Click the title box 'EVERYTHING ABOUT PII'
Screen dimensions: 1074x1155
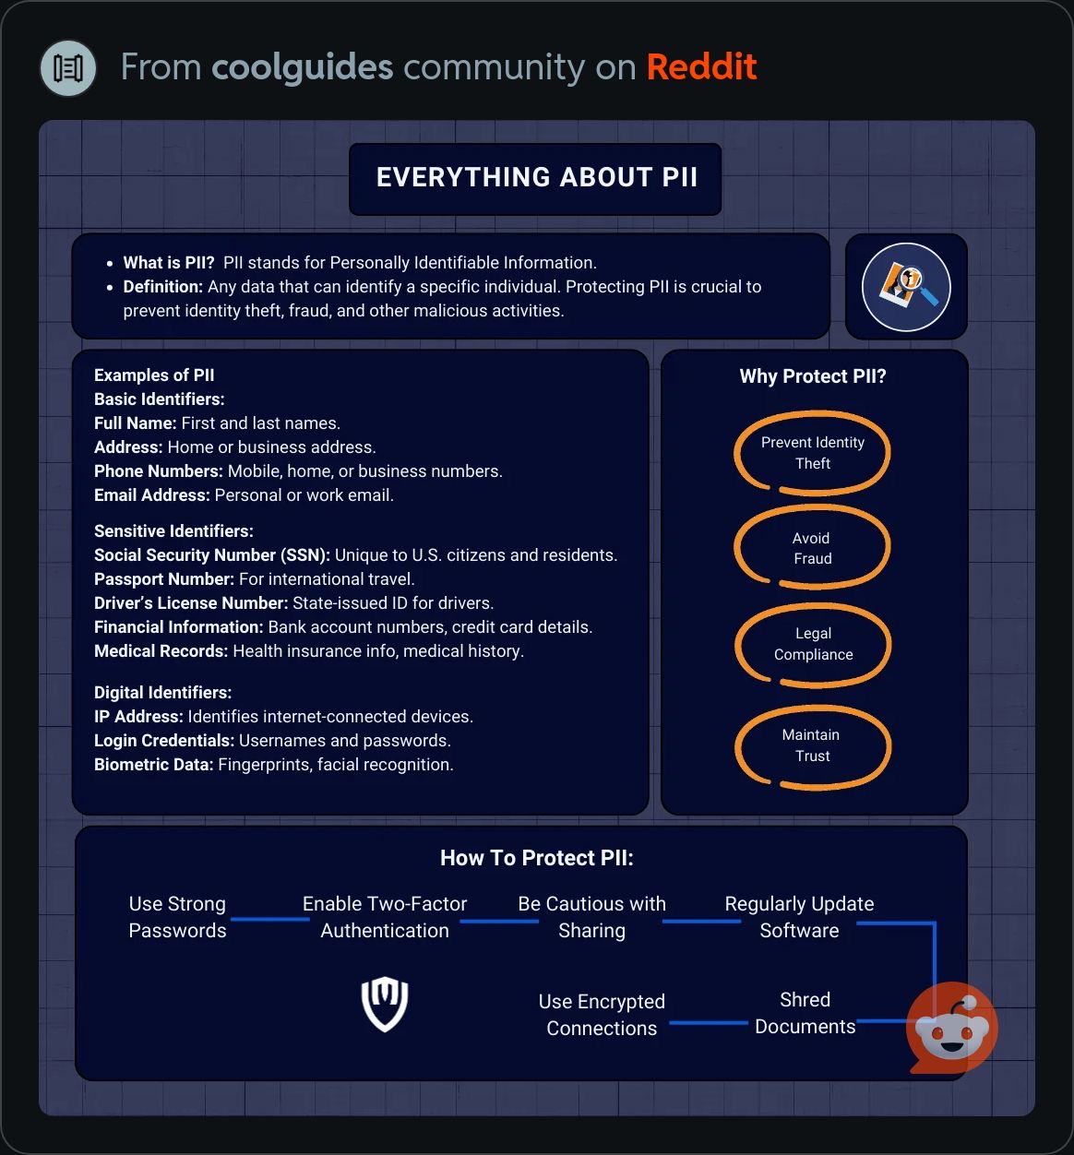[x=534, y=179]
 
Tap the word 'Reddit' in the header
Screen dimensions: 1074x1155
[x=701, y=66]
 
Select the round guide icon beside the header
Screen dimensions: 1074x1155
[x=68, y=68]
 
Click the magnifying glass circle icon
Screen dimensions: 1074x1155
[x=906, y=287]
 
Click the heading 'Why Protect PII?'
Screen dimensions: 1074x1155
[x=813, y=376]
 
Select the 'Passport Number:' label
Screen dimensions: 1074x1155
[x=164, y=579]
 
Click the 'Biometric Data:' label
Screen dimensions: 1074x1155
[x=153, y=764]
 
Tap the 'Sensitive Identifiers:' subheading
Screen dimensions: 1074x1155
[x=173, y=531]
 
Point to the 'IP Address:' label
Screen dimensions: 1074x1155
[x=138, y=717]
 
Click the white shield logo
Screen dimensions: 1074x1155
[x=385, y=1004]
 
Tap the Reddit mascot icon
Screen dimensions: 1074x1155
[x=951, y=1029]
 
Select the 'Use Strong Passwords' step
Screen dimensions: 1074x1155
[x=177, y=917]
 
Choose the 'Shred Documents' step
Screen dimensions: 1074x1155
[x=805, y=1013]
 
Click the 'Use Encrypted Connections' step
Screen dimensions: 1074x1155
[x=602, y=1015]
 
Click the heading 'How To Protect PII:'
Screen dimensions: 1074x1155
[x=536, y=858]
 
